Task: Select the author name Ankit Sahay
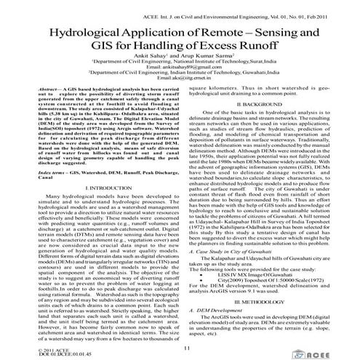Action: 151,65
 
